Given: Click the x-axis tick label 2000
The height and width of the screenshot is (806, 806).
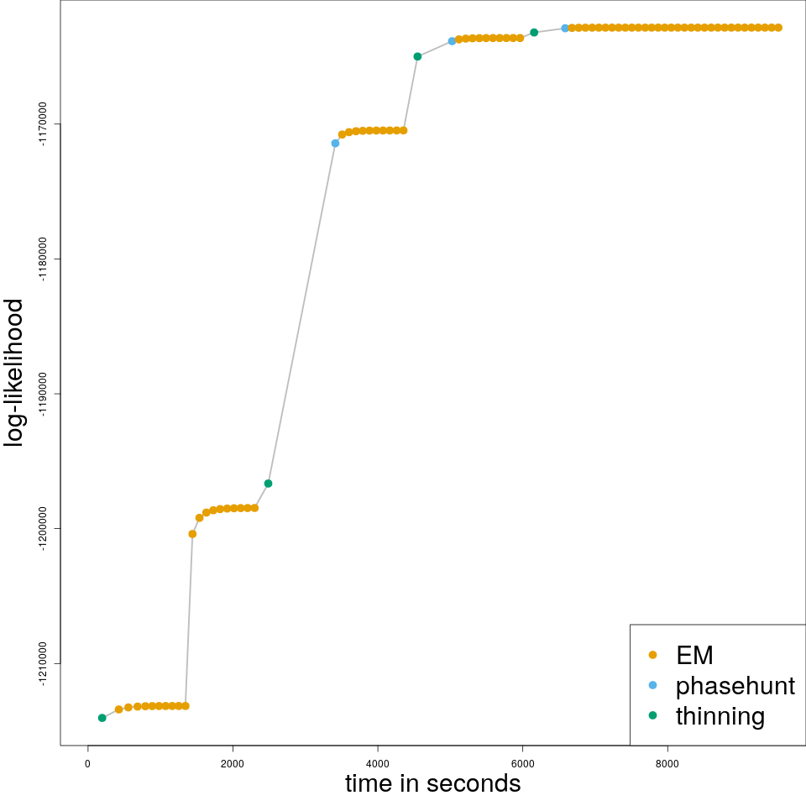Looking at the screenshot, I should (x=233, y=763).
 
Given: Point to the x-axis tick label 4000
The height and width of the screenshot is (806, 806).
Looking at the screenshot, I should (x=378, y=763).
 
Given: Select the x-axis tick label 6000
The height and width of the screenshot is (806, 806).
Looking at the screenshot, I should (x=522, y=763).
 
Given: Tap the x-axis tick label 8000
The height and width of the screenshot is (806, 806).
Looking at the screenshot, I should (x=667, y=763).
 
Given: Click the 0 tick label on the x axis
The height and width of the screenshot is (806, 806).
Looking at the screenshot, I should (x=87, y=763).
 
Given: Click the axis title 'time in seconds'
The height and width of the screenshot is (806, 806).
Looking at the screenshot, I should (x=432, y=783).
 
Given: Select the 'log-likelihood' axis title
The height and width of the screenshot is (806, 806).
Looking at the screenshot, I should (x=15, y=373).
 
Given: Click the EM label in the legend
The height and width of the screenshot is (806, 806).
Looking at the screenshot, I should (x=694, y=655).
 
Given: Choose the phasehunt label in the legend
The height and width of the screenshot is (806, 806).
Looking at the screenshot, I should (x=735, y=686).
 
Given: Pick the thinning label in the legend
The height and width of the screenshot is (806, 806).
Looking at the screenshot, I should (x=720, y=716).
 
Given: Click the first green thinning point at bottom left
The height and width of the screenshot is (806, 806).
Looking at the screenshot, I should (x=102, y=718).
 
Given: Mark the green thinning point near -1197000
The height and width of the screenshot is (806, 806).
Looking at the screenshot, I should (x=268, y=484).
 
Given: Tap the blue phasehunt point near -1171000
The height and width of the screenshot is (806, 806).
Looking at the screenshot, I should (x=335, y=144).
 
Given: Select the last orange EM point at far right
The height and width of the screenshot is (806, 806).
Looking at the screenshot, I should (x=778, y=28).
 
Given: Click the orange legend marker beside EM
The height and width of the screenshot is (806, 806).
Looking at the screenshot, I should (x=652, y=655).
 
